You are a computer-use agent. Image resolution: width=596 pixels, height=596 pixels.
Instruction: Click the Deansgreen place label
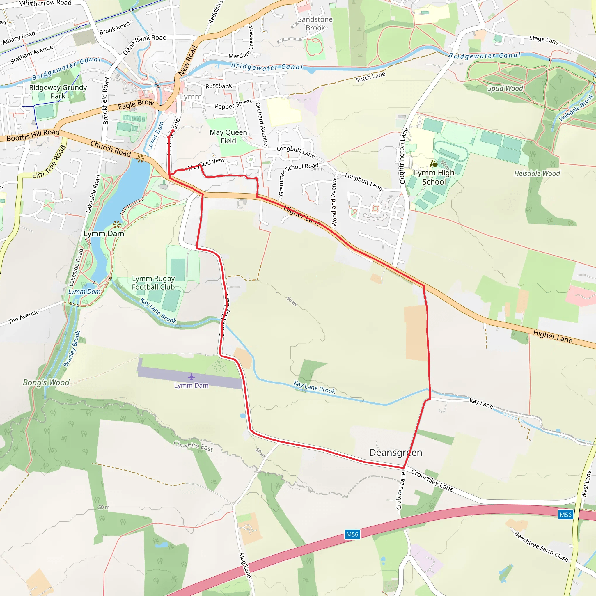tap(396, 453)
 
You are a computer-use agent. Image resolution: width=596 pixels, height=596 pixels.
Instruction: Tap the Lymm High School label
tap(434, 178)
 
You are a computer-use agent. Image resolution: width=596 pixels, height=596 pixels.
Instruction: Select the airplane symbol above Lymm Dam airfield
tap(191, 377)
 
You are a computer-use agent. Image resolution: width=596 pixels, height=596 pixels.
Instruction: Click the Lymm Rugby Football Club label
tap(153, 283)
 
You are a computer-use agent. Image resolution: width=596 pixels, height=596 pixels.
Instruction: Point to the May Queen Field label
tap(228, 137)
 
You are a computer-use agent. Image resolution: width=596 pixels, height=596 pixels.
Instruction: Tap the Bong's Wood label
tap(46, 382)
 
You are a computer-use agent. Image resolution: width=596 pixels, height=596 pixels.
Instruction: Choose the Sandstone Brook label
tap(315, 24)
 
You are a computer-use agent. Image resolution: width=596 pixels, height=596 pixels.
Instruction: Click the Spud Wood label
tap(505, 88)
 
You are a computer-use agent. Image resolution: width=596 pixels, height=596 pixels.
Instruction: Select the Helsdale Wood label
tap(537, 174)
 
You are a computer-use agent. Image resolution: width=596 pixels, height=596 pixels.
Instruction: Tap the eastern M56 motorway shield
tap(565, 515)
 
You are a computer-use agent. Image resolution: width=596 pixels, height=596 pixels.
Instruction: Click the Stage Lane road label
tap(544, 40)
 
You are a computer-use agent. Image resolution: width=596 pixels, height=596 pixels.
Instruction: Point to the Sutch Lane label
tap(370, 77)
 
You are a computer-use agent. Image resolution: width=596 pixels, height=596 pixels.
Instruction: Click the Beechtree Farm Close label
tap(541, 547)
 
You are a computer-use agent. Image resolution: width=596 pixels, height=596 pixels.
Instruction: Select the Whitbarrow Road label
tap(45, 3)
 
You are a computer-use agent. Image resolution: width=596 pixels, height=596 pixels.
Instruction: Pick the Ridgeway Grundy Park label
tap(58, 92)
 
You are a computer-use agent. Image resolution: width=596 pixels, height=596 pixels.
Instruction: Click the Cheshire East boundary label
tap(193, 446)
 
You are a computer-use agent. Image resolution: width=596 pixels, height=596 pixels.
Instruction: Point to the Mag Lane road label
tap(245, 565)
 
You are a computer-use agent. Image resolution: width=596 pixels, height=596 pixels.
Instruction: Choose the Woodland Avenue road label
tap(334, 202)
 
